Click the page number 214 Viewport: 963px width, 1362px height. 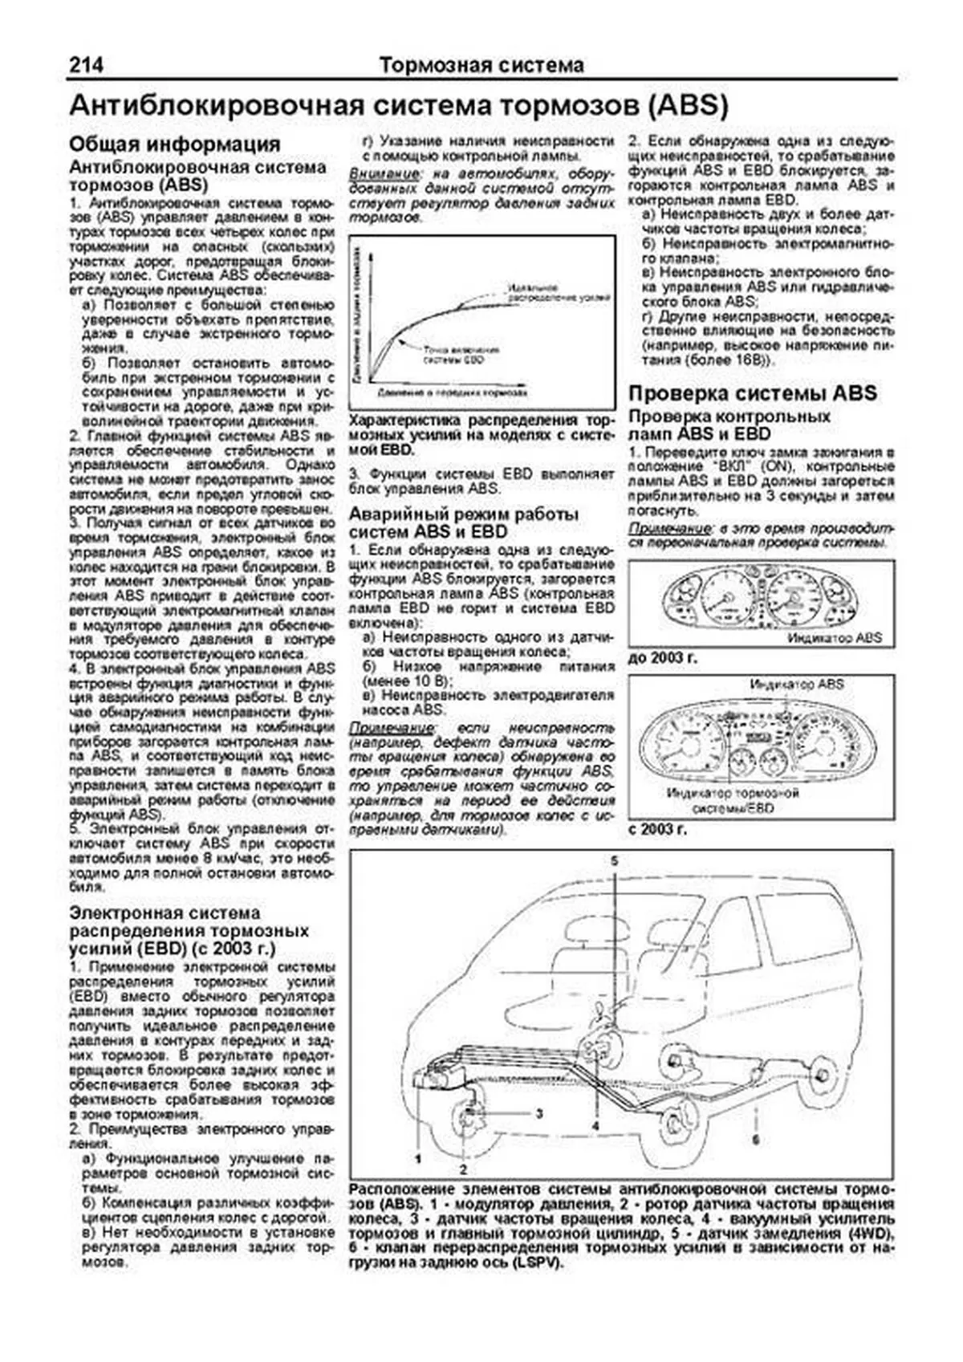click(x=86, y=65)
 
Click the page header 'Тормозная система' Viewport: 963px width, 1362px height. click(x=481, y=65)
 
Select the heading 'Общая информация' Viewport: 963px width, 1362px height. click(x=175, y=144)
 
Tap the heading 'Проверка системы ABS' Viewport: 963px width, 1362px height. click(x=752, y=393)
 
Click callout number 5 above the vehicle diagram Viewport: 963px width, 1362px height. click(x=614, y=860)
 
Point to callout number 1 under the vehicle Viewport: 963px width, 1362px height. click(x=418, y=1158)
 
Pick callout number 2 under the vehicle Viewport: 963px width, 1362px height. click(x=463, y=1169)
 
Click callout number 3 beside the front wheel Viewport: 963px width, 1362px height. click(x=539, y=1113)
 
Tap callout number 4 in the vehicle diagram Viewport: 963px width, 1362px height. click(x=595, y=1126)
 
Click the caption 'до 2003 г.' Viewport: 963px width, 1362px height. click(x=663, y=657)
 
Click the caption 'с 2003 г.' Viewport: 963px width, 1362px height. click(x=658, y=828)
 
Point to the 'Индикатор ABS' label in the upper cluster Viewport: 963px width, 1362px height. click(x=834, y=637)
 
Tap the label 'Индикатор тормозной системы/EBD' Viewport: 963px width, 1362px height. click(x=733, y=800)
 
